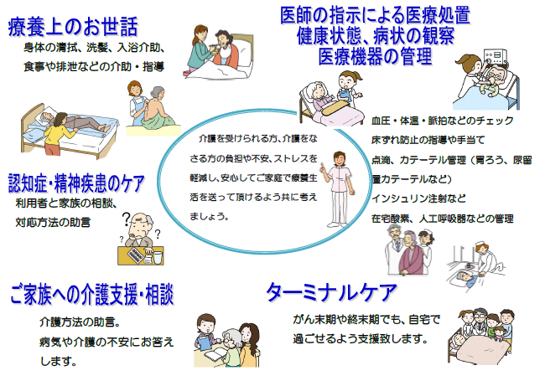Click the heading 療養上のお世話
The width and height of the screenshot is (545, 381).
coord(73,27)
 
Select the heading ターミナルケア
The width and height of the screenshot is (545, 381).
coord(331,292)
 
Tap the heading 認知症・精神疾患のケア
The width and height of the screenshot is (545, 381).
coord(76,183)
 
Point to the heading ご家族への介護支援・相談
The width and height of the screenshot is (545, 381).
coord(91,294)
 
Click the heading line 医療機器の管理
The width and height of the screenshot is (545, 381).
coord(375,56)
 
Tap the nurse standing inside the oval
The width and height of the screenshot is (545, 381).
coord(338,189)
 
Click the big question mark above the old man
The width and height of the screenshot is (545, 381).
coord(127,219)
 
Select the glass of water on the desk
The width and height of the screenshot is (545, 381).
coord(158,257)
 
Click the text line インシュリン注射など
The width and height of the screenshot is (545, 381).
coord(418,198)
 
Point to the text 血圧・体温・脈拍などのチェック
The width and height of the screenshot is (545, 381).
coord(442,121)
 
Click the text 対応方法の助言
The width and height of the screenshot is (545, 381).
coord(53,222)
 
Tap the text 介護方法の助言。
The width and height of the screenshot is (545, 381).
coord(80,322)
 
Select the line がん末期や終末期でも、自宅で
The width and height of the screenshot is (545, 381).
coord(366,319)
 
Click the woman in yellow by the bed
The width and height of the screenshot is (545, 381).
coord(59,134)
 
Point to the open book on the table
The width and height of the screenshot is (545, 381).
coord(215,355)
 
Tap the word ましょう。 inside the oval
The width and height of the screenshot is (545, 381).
coord(209,217)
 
